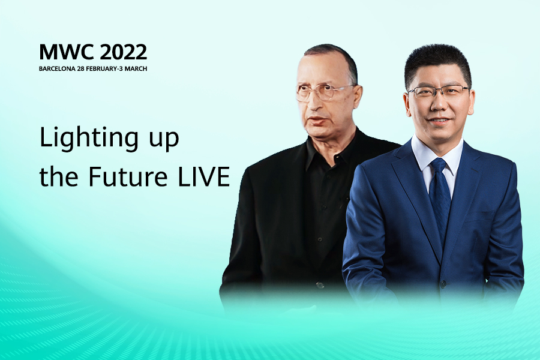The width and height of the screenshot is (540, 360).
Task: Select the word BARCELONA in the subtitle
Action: click(x=57, y=68)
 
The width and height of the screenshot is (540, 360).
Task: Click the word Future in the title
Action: click(x=128, y=177)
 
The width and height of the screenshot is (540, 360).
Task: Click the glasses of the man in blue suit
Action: click(x=438, y=92)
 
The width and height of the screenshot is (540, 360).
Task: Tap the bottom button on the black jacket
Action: click(x=320, y=285)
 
